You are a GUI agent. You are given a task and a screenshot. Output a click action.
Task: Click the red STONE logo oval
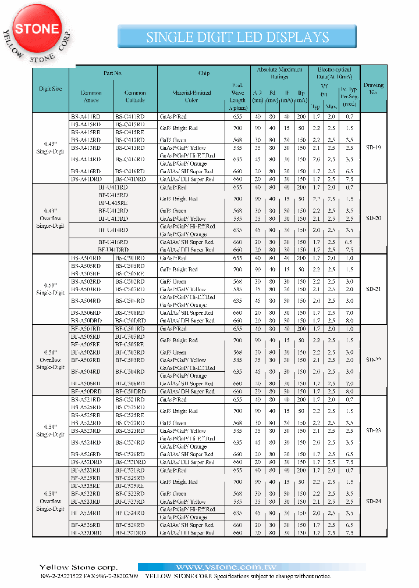pos(37,29)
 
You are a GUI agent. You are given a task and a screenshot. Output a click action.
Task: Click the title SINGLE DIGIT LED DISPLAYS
pos(237,37)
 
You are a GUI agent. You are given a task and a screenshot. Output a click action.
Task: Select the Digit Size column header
pos(50,89)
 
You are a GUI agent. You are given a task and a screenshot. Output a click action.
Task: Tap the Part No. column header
pos(113,73)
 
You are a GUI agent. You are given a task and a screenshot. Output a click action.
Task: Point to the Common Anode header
pos(91,96)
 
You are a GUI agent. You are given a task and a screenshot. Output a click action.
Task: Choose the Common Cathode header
pos(135,96)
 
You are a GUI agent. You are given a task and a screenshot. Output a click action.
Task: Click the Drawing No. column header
pos(373,89)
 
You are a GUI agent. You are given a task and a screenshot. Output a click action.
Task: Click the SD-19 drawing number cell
pos(373,148)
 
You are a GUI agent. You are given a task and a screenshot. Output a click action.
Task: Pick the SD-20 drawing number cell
pos(373,218)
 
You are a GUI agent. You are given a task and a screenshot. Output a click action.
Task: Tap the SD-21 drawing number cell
pos(373,289)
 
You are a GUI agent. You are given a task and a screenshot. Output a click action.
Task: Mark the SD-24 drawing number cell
pos(373,501)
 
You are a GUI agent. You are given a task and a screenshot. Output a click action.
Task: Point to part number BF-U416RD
pos(113,242)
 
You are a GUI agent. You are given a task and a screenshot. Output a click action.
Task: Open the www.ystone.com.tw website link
pos(251,567)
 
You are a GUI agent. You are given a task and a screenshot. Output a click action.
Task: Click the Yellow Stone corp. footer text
pos(78,567)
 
